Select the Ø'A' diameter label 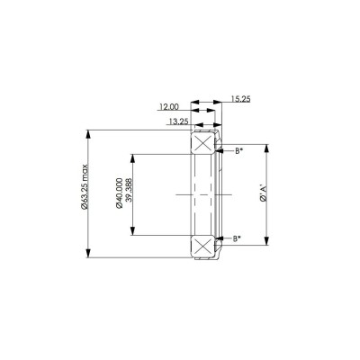coord(262,194)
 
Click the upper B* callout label coord(238,150)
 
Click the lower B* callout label coord(238,238)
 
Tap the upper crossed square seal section coord(202,144)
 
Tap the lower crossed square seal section coord(202,245)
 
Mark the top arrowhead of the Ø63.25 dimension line coord(88,133)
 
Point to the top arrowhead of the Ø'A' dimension coord(267,145)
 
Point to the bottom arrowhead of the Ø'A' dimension coord(267,243)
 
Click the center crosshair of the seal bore coord(191,194)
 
